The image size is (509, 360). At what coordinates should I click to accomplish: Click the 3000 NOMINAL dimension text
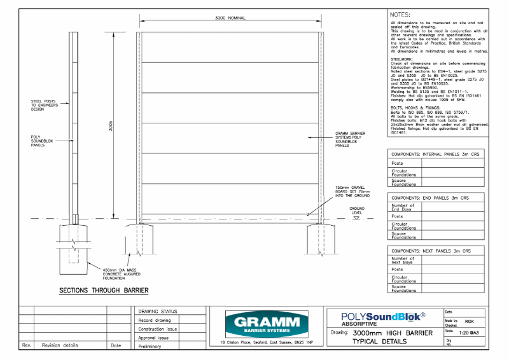coord(230,18)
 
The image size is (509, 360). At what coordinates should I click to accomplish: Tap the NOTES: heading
coord(400,13)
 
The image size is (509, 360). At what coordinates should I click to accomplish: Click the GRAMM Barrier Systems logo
coord(262,324)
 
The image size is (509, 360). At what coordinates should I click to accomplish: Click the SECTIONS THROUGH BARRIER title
coord(104,291)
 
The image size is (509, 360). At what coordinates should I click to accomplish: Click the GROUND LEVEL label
coord(357,210)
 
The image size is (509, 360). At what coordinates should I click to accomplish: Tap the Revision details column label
coord(60,345)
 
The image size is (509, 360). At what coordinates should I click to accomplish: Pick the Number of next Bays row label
coord(403,260)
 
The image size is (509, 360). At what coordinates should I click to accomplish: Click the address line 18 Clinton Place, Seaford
coord(261,343)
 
